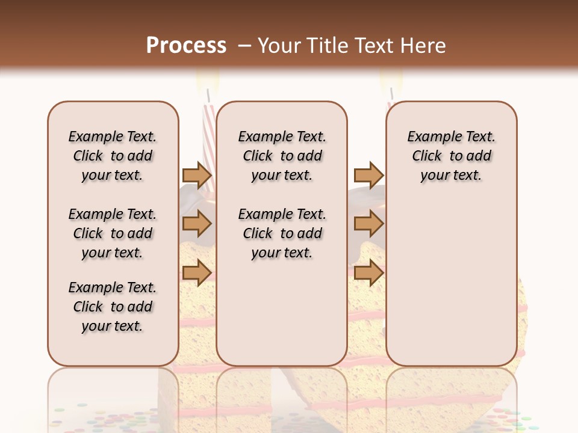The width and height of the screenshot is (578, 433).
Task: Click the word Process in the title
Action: click(x=186, y=46)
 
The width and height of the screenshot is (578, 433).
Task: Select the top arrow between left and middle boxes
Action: click(x=197, y=176)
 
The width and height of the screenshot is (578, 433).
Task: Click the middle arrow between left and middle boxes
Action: click(x=197, y=224)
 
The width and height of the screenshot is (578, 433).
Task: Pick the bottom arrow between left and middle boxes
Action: click(x=197, y=272)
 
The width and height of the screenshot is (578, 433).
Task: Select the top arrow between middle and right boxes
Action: click(x=368, y=176)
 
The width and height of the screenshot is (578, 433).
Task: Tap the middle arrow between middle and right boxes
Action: click(x=368, y=224)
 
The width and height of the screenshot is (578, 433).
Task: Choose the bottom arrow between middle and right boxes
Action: click(x=368, y=272)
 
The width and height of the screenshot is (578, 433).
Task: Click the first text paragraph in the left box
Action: click(x=112, y=156)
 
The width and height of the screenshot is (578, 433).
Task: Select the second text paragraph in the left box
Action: click(x=112, y=233)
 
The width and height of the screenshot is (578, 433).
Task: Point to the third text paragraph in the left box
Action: click(x=112, y=307)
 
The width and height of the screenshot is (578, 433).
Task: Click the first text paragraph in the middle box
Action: click(x=282, y=156)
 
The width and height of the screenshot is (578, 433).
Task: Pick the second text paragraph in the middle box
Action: click(x=282, y=233)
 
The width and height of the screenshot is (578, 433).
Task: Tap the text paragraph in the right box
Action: click(x=451, y=156)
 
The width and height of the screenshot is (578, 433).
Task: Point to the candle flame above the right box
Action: click(x=391, y=79)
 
